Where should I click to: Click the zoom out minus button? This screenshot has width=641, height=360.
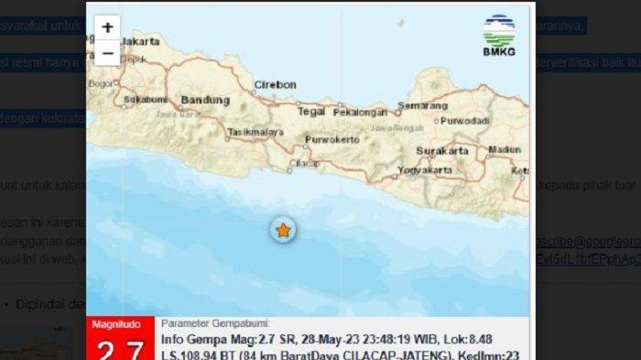click(108, 53)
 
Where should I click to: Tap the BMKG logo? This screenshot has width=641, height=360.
click(498, 36)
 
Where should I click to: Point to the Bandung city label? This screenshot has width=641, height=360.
click(204, 100)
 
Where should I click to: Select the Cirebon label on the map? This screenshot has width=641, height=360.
click(276, 85)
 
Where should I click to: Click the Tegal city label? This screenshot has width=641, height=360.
click(311, 112)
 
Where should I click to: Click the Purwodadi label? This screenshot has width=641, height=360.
click(464, 121)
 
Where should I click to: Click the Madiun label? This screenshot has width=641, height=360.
click(505, 149)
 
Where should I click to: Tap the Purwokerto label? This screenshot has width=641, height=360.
click(330, 139)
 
